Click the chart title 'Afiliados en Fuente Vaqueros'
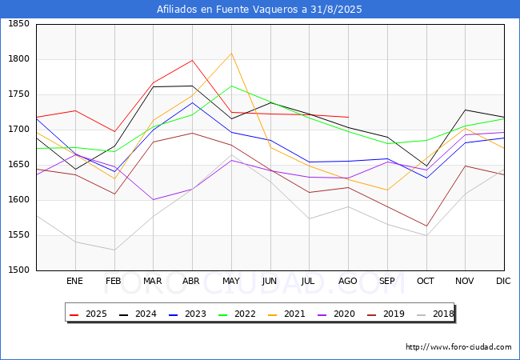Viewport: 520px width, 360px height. click(x=259, y=10)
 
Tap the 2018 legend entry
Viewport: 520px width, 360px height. click(x=441, y=314)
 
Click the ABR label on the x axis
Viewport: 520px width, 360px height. click(x=191, y=281)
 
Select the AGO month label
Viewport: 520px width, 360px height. click(x=348, y=281)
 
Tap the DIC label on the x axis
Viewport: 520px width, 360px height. click(x=503, y=281)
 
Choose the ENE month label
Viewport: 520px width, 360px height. click(x=74, y=281)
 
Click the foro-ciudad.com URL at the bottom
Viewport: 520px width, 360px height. click(x=458, y=347)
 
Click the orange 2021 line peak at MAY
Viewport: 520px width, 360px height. click(x=231, y=54)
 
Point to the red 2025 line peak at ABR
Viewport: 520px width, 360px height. click(x=192, y=60)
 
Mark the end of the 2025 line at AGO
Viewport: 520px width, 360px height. click(x=348, y=118)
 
